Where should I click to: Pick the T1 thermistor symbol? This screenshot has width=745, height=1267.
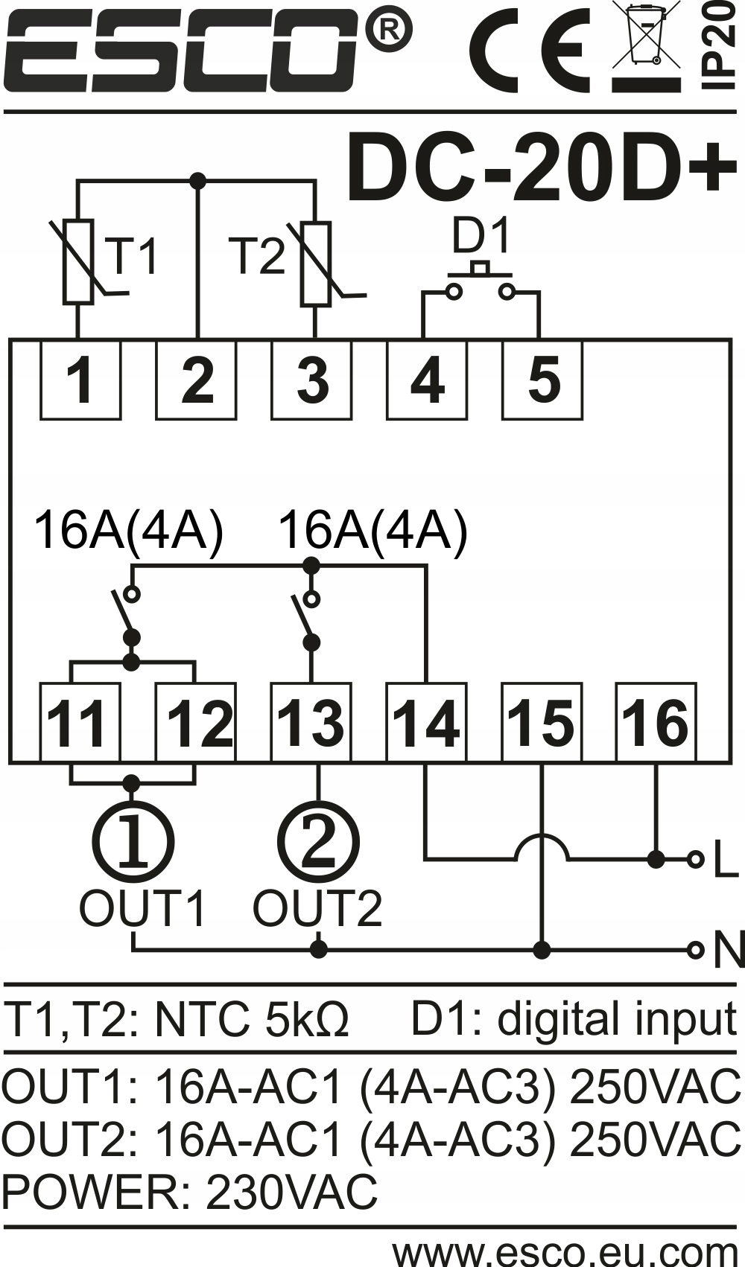click(x=79, y=261)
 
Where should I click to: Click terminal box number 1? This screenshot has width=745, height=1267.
click(x=80, y=380)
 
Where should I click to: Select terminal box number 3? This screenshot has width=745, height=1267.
click(x=311, y=380)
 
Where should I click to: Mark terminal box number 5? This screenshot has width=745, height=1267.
click(x=542, y=380)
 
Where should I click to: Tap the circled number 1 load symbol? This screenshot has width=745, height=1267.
click(x=133, y=842)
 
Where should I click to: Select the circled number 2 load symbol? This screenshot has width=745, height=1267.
click(x=318, y=842)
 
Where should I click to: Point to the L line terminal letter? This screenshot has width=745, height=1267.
click(x=726, y=861)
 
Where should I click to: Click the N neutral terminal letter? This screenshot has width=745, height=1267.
click(x=728, y=951)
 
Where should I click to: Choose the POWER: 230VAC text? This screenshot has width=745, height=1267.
click(x=190, y=1192)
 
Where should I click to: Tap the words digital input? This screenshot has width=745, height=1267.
click(x=617, y=1019)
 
